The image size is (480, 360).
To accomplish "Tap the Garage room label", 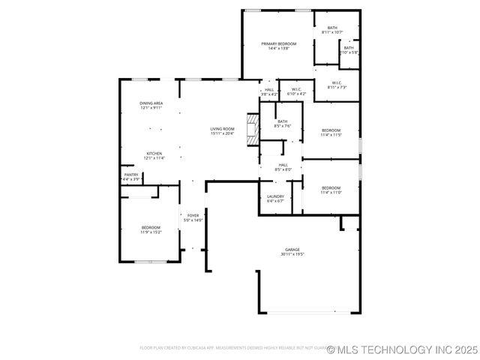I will point(292,250).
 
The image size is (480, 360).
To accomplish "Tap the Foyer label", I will point(193,217).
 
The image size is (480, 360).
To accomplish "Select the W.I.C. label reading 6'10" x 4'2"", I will point(296,91).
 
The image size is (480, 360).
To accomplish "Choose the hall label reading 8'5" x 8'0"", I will point(283,167).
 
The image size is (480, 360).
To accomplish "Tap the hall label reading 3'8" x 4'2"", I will point(269,91).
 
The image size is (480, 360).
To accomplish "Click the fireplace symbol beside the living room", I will point(253,127).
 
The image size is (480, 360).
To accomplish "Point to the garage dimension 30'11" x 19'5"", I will point(292,255).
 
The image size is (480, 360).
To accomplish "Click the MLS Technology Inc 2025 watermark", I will point(402,349).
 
